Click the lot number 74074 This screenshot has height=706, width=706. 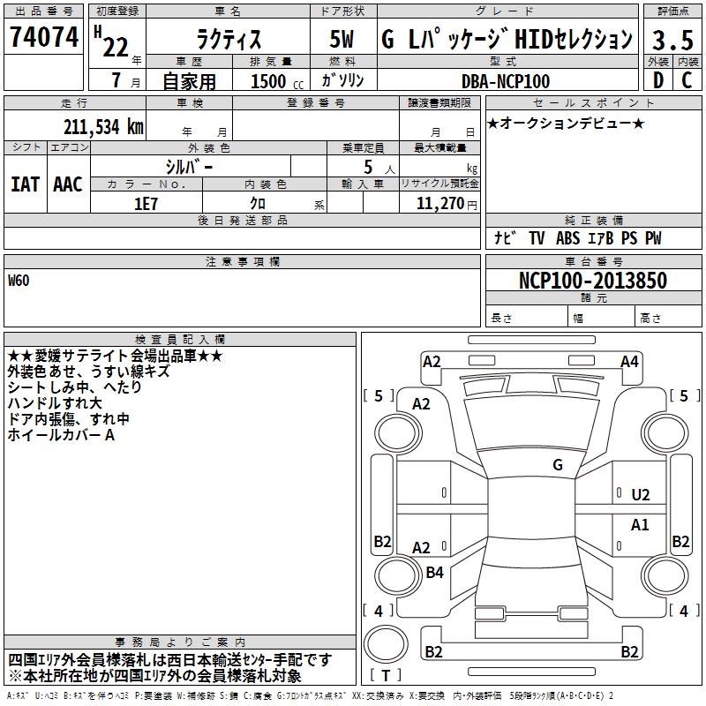(x=44, y=36)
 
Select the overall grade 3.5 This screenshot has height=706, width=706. (x=672, y=40)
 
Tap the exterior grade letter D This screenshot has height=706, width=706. (x=658, y=80)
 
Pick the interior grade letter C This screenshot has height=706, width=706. (x=687, y=80)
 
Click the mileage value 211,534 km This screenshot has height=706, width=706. (x=103, y=126)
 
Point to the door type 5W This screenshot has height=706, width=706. (x=342, y=39)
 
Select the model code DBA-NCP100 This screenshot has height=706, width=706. (x=506, y=81)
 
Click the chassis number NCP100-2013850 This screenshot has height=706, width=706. (x=593, y=280)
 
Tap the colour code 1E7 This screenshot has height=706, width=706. (x=146, y=204)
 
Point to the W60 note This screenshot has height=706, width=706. (x=19, y=281)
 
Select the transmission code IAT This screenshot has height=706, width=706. (x=25, y=184)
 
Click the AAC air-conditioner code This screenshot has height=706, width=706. (x=68, y=184)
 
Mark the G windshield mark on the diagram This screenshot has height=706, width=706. (x=558, y=464)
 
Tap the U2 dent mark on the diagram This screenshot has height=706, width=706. (x=641, y=495)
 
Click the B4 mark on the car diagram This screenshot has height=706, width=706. (x=434, y=572)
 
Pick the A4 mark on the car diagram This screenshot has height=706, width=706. (x=629, y=362)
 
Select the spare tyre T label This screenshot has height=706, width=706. (x=386, y=675)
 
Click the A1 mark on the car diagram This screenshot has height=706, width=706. (x=640, y=524)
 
